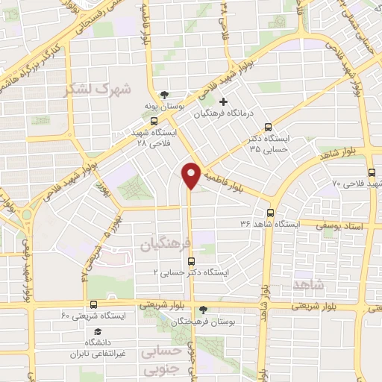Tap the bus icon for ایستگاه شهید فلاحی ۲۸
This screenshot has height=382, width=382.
pyautogui.click(x=154, y=121)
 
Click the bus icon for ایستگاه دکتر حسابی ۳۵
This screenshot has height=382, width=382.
pyautogui.click(x=269, y=127)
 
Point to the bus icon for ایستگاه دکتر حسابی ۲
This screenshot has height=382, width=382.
pyautogui.click(x=192, y=261)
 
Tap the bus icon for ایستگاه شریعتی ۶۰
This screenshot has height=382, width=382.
pyautogui.click(x=93, y=304)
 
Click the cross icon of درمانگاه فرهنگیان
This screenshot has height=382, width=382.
pyautogui.click(x=223, y=101)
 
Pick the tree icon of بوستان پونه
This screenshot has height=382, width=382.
pyautogui.click(x=154, y=95)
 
